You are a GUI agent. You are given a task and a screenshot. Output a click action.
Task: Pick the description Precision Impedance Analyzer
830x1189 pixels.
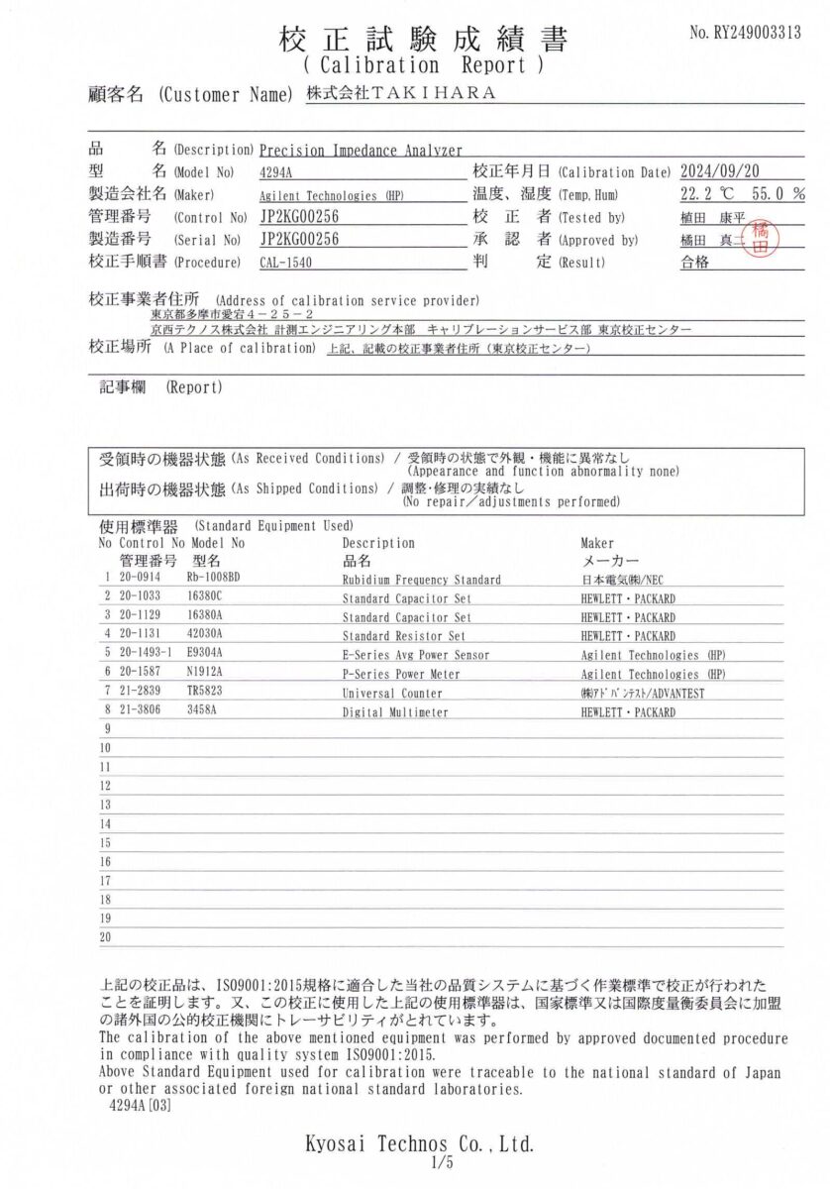361,151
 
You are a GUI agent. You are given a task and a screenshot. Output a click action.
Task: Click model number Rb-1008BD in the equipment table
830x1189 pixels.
213,580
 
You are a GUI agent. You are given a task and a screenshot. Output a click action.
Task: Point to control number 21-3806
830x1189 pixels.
140,712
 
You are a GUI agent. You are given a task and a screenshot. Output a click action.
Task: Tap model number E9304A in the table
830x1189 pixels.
205,655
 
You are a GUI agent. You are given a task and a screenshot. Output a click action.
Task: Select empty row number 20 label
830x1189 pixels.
106,937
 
